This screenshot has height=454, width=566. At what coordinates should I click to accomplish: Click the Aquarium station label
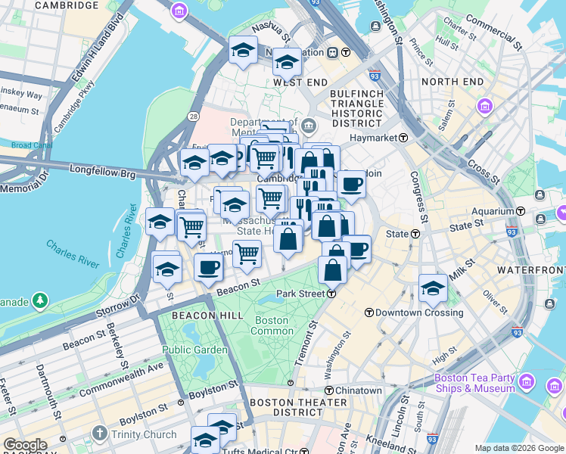point(498,211)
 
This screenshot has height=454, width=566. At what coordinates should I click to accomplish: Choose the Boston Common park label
point(272,325)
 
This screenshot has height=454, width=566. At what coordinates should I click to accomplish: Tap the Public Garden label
point(194,350)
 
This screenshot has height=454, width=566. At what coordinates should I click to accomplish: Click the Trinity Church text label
point(143,434)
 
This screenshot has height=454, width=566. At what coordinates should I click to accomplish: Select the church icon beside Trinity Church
point(99,434)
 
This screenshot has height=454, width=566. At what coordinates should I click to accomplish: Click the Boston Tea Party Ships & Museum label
point(474,384)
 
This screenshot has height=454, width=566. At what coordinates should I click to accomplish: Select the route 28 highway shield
point(194,116)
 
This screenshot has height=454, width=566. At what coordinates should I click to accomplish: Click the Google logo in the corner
point(24,445)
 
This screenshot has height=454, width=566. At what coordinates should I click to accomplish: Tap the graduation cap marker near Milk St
point(433,288)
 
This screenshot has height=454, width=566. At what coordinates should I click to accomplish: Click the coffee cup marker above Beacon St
point(209,266)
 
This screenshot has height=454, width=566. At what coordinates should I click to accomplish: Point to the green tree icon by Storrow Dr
point(39,301)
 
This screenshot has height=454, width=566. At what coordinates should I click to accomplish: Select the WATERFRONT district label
point(530,269)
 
